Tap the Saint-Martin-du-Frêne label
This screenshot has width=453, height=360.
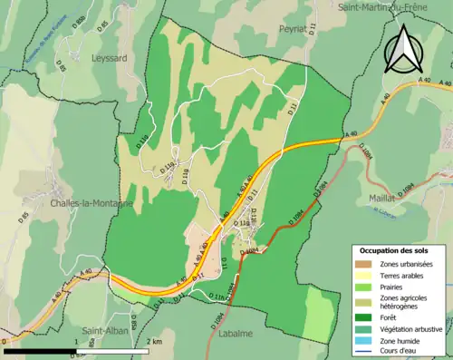pyautogui.click(x=383, y=6)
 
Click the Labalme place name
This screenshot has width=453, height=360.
pyautogui.click(x=236, y=333)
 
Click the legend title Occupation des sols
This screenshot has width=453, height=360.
pyautogui.click(x=395, y=249)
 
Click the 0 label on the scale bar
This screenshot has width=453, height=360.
pyautogui.click(x=5, y=342)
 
